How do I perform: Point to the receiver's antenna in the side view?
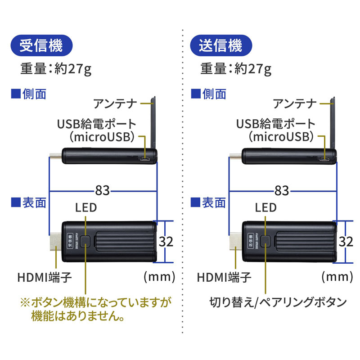tap(153, 121)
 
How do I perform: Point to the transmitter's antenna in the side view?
tap(333, 121)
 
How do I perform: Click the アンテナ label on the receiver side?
tap(115, 103)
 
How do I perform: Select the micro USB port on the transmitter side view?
tap(325, 159)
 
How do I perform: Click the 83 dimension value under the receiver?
tap(102, 191)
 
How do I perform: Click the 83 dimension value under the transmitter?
tap(282, 191)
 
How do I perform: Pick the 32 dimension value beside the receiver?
tap(166, 242)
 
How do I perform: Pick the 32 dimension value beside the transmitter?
tap(346, 242)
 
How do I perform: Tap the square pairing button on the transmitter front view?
tap(266, 242)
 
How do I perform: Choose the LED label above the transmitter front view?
tap(265, 207)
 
